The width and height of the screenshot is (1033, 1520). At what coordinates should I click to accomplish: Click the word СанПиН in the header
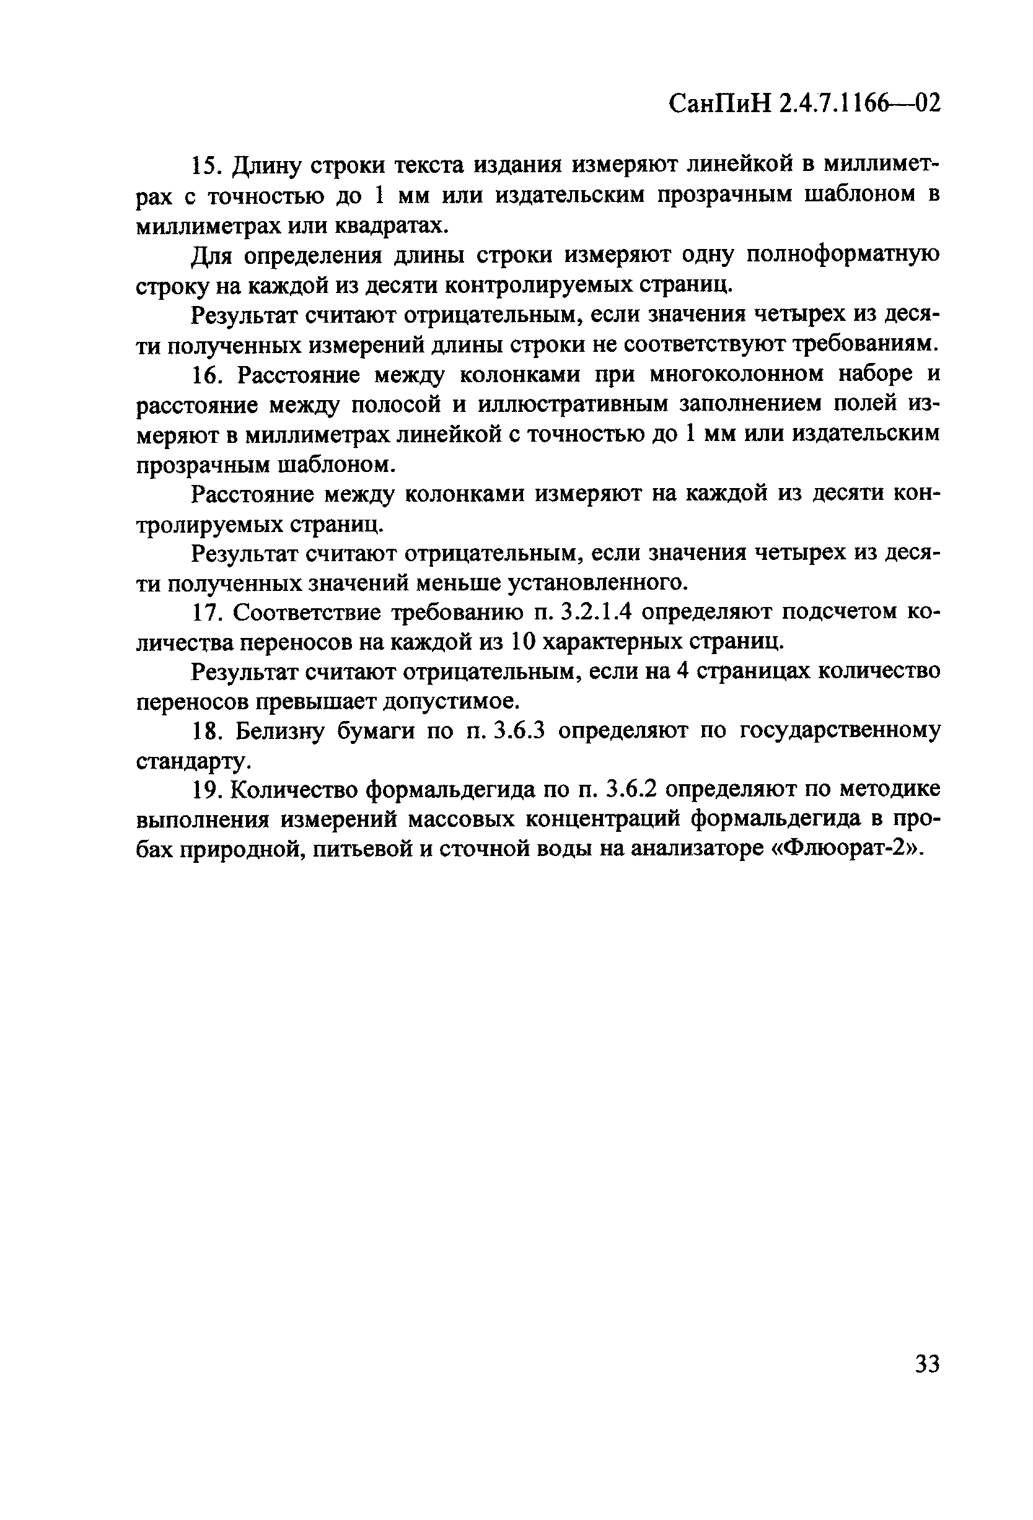[719, 103]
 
